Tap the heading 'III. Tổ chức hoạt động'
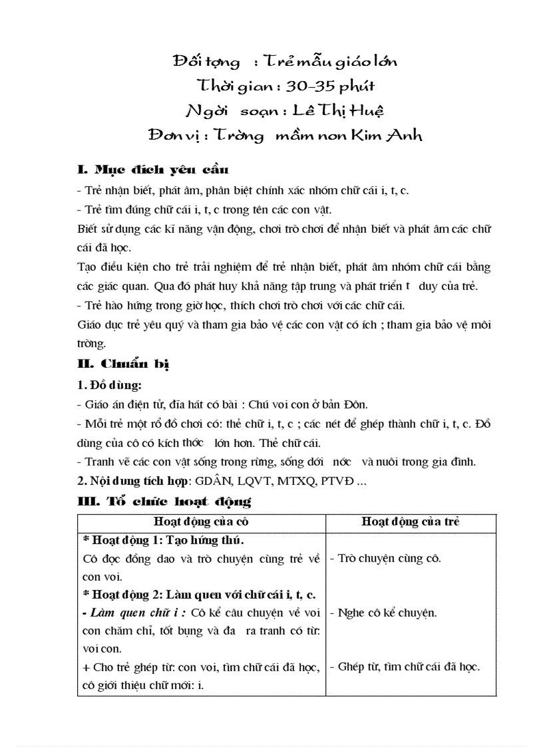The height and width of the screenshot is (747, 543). pos(164,501)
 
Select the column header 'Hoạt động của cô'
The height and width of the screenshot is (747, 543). pos(201,522)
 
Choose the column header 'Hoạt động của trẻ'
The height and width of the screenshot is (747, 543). pos(411,522)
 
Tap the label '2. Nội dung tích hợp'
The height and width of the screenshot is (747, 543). pos(134,481)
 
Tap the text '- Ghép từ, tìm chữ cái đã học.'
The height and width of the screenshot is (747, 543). pos(405,667)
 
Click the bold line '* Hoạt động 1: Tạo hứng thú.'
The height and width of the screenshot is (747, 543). pos(163,539)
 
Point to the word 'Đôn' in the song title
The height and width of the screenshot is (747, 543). pos(353,404)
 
